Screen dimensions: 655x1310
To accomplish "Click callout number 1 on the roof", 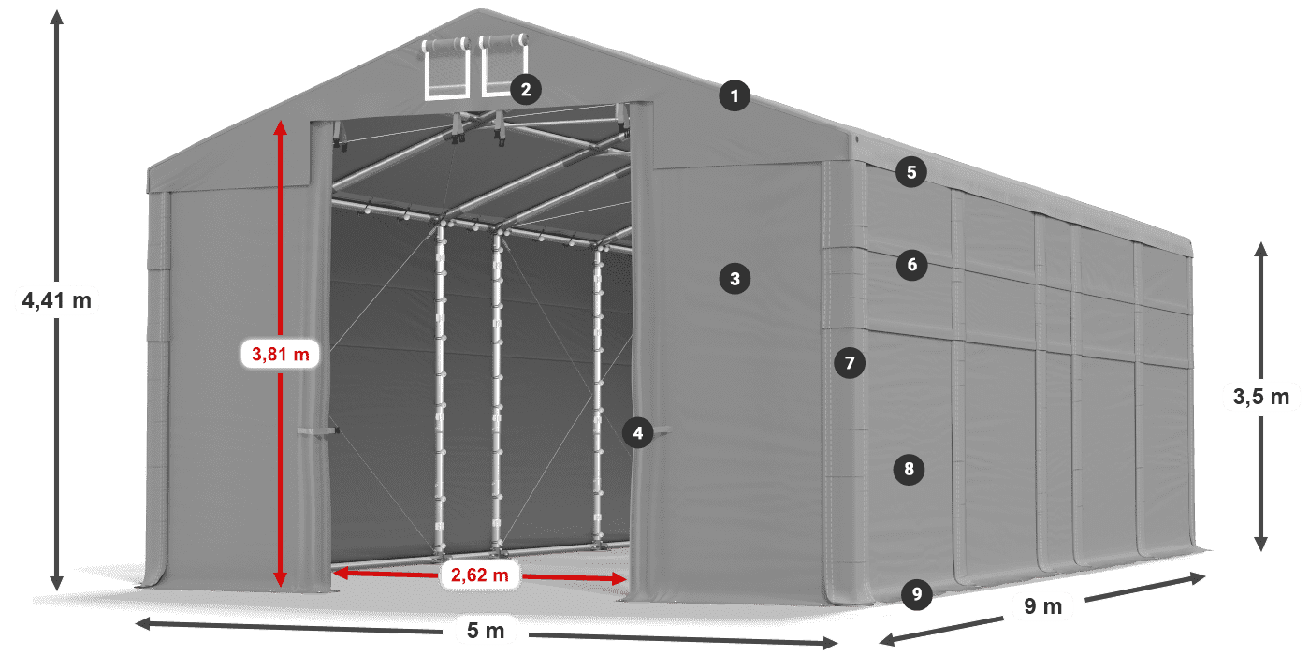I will click(x=735, y=95).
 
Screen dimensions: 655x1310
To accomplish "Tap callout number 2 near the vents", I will click(x=525, y=89).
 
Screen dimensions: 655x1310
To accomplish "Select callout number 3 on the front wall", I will click(x=735, y=278).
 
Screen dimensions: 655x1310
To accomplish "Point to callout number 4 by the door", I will click(x=638, y=432).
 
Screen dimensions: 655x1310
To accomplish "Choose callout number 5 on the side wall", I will click(x=910, y=172).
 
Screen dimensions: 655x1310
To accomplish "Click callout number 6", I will click(x=912, y=265).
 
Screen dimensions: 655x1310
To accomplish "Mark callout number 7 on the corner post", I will click(x=849, y=362).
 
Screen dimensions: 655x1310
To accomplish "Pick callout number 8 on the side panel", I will click(x=909, y=468).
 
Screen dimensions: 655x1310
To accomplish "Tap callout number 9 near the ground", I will click(x=917, y=592).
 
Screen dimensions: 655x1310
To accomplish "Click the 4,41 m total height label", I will click(x=57, y=300).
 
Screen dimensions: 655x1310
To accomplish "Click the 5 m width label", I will click(x=485, y=632).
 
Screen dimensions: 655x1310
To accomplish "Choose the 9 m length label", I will click(x=1043, y=607).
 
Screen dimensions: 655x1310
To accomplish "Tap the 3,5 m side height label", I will click(x=1260, y=397).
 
